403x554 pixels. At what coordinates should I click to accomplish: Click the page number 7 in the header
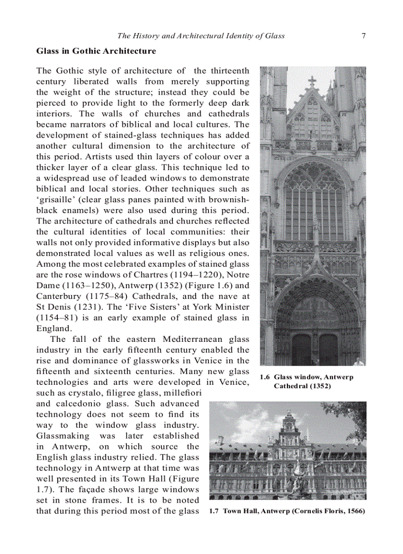(363, 36)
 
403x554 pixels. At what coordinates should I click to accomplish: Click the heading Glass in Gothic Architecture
(96, 51)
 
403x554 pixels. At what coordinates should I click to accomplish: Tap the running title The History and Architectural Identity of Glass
(201, 36)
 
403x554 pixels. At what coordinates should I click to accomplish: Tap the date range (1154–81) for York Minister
(56, 318)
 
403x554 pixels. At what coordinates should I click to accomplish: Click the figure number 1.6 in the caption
(265, 377)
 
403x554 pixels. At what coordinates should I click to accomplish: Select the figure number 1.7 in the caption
(214, 512)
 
